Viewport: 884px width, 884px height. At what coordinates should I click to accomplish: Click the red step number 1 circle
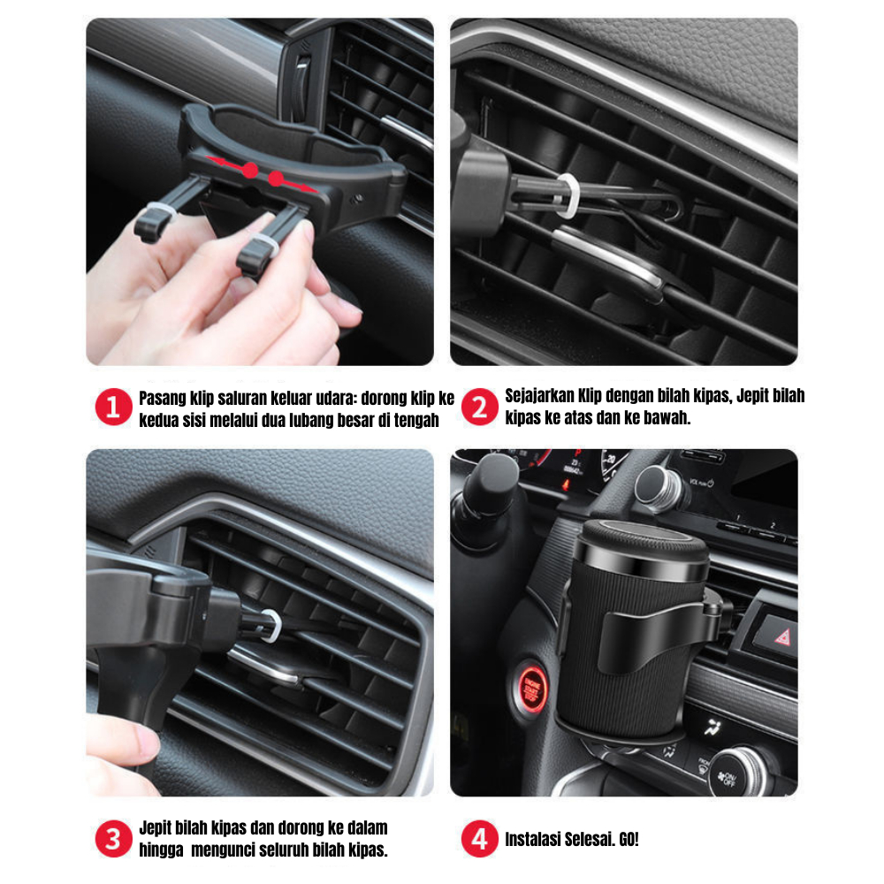click(x=113, y=407)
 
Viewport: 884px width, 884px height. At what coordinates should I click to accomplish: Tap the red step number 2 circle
click(x=480, y=407)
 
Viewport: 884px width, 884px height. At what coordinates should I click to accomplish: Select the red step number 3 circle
click(x=113, y=838)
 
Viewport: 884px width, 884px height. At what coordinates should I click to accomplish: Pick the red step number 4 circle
click(x=480, y=838)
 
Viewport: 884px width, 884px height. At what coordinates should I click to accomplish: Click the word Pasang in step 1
click(x=163, y=399)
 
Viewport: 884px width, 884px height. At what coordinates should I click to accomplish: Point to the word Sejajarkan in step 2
click(x=539, y=396)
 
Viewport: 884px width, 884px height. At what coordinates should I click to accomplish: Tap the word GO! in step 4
click(x=629, y=840)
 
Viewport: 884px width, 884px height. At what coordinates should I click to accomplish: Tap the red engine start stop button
click(x=531, y=688)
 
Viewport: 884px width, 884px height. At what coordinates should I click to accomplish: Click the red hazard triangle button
click(x=782, y=637)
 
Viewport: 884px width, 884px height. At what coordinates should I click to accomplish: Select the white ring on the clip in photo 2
click(x=568, y=195)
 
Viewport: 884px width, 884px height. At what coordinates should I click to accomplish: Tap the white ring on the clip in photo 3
click(x=271, y=626)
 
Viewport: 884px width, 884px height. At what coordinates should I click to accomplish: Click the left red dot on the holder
click(x=250, y=170)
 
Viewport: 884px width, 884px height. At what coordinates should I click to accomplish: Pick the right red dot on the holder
click(x=276, y=179)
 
